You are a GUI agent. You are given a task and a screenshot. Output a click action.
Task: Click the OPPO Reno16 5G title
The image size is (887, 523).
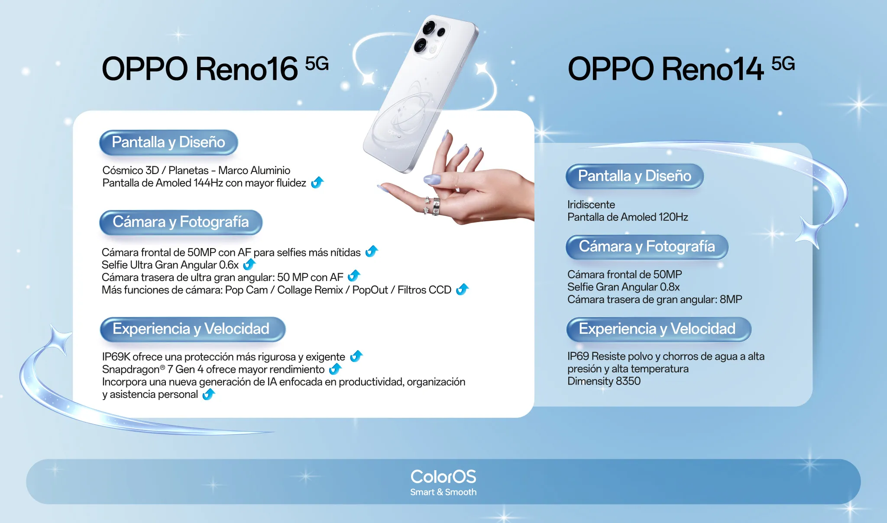[x=215, y=68]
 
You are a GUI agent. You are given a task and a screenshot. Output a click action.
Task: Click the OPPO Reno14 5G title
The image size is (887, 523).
[x=681, y=68]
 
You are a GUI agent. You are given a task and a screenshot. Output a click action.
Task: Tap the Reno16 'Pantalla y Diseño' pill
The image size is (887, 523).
[x=168, y=142]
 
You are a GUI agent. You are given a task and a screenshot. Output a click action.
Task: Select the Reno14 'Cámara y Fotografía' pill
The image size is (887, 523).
[x=647, y=247]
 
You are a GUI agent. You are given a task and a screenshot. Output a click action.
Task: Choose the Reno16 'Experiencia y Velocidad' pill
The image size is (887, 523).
[x=193, y=329]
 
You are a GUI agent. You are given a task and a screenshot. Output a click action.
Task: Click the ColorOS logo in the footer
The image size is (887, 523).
[x=443, y=477]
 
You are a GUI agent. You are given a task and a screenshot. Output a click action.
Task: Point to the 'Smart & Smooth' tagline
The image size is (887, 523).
[x=443, y=492]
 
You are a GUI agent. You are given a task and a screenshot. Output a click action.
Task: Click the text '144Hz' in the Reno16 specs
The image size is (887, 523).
[x=208, y=183]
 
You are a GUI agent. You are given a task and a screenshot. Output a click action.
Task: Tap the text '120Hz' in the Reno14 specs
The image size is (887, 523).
[x=673, y=217]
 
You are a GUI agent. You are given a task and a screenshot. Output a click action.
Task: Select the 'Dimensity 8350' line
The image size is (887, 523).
[x=604, y=381]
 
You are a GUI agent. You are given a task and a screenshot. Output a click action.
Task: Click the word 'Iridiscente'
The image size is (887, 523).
[x=591, y=204]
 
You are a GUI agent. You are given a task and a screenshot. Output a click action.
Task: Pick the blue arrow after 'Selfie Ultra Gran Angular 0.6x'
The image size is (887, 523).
[x=249, y=264]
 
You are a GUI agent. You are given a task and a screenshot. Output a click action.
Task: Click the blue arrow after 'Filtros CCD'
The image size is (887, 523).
[x=462, y=289]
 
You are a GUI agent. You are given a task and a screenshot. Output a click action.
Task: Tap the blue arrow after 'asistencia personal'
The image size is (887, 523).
[x=209, y=394]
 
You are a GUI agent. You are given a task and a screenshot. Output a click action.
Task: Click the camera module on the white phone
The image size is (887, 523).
[x=430, y=38]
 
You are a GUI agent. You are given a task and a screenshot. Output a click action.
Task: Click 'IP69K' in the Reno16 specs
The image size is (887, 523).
[x=116, y=357]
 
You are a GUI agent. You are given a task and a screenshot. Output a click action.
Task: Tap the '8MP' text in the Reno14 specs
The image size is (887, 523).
[x=731, y=300]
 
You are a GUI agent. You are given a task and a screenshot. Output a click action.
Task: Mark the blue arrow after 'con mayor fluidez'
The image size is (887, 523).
[x=317, y=182]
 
